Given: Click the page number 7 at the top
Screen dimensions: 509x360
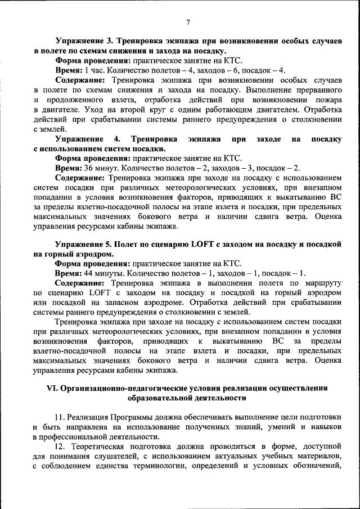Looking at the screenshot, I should [188, 22].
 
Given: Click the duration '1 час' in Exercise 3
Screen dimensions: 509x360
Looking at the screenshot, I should [93, 70].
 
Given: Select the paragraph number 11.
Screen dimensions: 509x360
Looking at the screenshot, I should [60, 417].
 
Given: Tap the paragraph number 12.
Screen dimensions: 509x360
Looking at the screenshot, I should [60, 447].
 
